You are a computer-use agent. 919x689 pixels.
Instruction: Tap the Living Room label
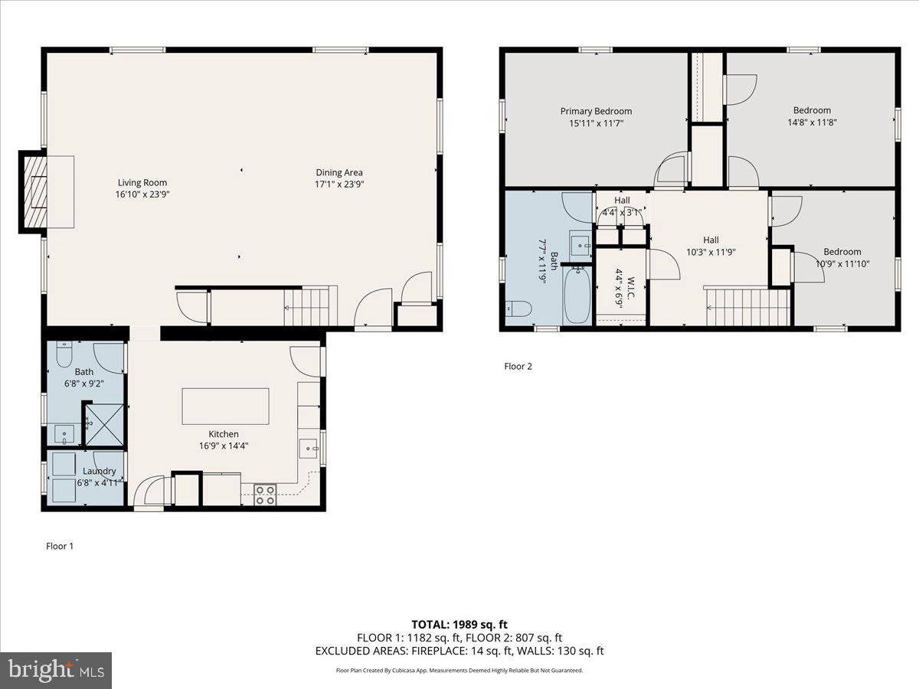tap(142, 183)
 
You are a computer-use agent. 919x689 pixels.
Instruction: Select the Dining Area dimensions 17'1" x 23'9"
tap(339, 184)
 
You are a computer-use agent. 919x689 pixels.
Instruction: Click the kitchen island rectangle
tap(225, 406)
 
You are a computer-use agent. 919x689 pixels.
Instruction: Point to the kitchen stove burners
tap(265, 495)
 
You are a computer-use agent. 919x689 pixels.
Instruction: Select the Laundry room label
tap(100, 472)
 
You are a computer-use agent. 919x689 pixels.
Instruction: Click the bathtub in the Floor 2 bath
tap(577, 295)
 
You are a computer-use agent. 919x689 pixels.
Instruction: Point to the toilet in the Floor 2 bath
tap(519, 309)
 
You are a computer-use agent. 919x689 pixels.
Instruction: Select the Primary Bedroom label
tap(596, 111)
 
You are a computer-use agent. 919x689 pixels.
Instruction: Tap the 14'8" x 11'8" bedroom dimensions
tap(812, 122)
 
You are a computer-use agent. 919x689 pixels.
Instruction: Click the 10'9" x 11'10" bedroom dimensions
tap(842, 263)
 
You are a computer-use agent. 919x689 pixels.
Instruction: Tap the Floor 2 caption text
tap(518, 366)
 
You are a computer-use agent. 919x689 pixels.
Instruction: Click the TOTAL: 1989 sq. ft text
tap(459, 624)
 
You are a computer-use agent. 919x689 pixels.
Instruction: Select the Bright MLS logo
tap(56, 671)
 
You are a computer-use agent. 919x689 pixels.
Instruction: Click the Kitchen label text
tap(223, 434)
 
